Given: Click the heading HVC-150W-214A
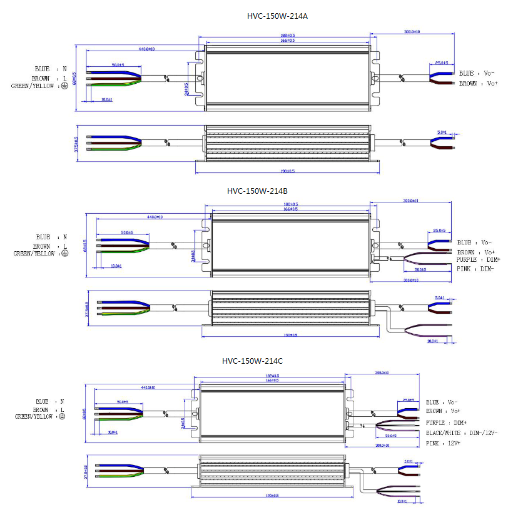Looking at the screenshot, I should point(277,16).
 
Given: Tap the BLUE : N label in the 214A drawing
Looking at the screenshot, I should point(51,68).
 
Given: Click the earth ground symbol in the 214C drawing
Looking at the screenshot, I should point(61,416).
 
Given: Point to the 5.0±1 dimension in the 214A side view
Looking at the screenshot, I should point(441,132).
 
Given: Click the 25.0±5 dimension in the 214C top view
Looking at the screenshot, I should point(409,399).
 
